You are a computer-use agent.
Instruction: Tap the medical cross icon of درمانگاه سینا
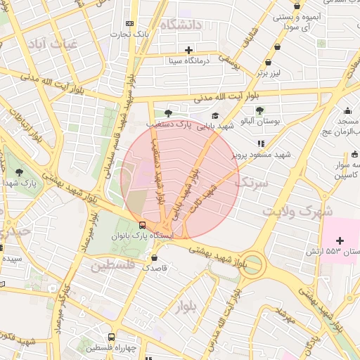tap(188, 50)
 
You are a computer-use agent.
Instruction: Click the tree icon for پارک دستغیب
tap(167, 113)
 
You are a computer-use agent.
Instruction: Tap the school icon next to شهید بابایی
tap(214, 116)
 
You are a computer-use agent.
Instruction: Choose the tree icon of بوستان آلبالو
tap(259, 110)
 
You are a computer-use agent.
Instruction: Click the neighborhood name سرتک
tap(251, 184)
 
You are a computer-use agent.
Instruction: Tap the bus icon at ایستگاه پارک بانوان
tap(143, 226)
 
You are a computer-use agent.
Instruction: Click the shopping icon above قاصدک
tap(144, 257)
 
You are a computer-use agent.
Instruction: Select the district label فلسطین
tap(112, 266)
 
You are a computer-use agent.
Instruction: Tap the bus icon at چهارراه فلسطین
tap(111, 337)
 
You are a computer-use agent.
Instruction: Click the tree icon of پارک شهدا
tap(19, 172)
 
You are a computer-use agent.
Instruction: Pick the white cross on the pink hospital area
tap(340, 240)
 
